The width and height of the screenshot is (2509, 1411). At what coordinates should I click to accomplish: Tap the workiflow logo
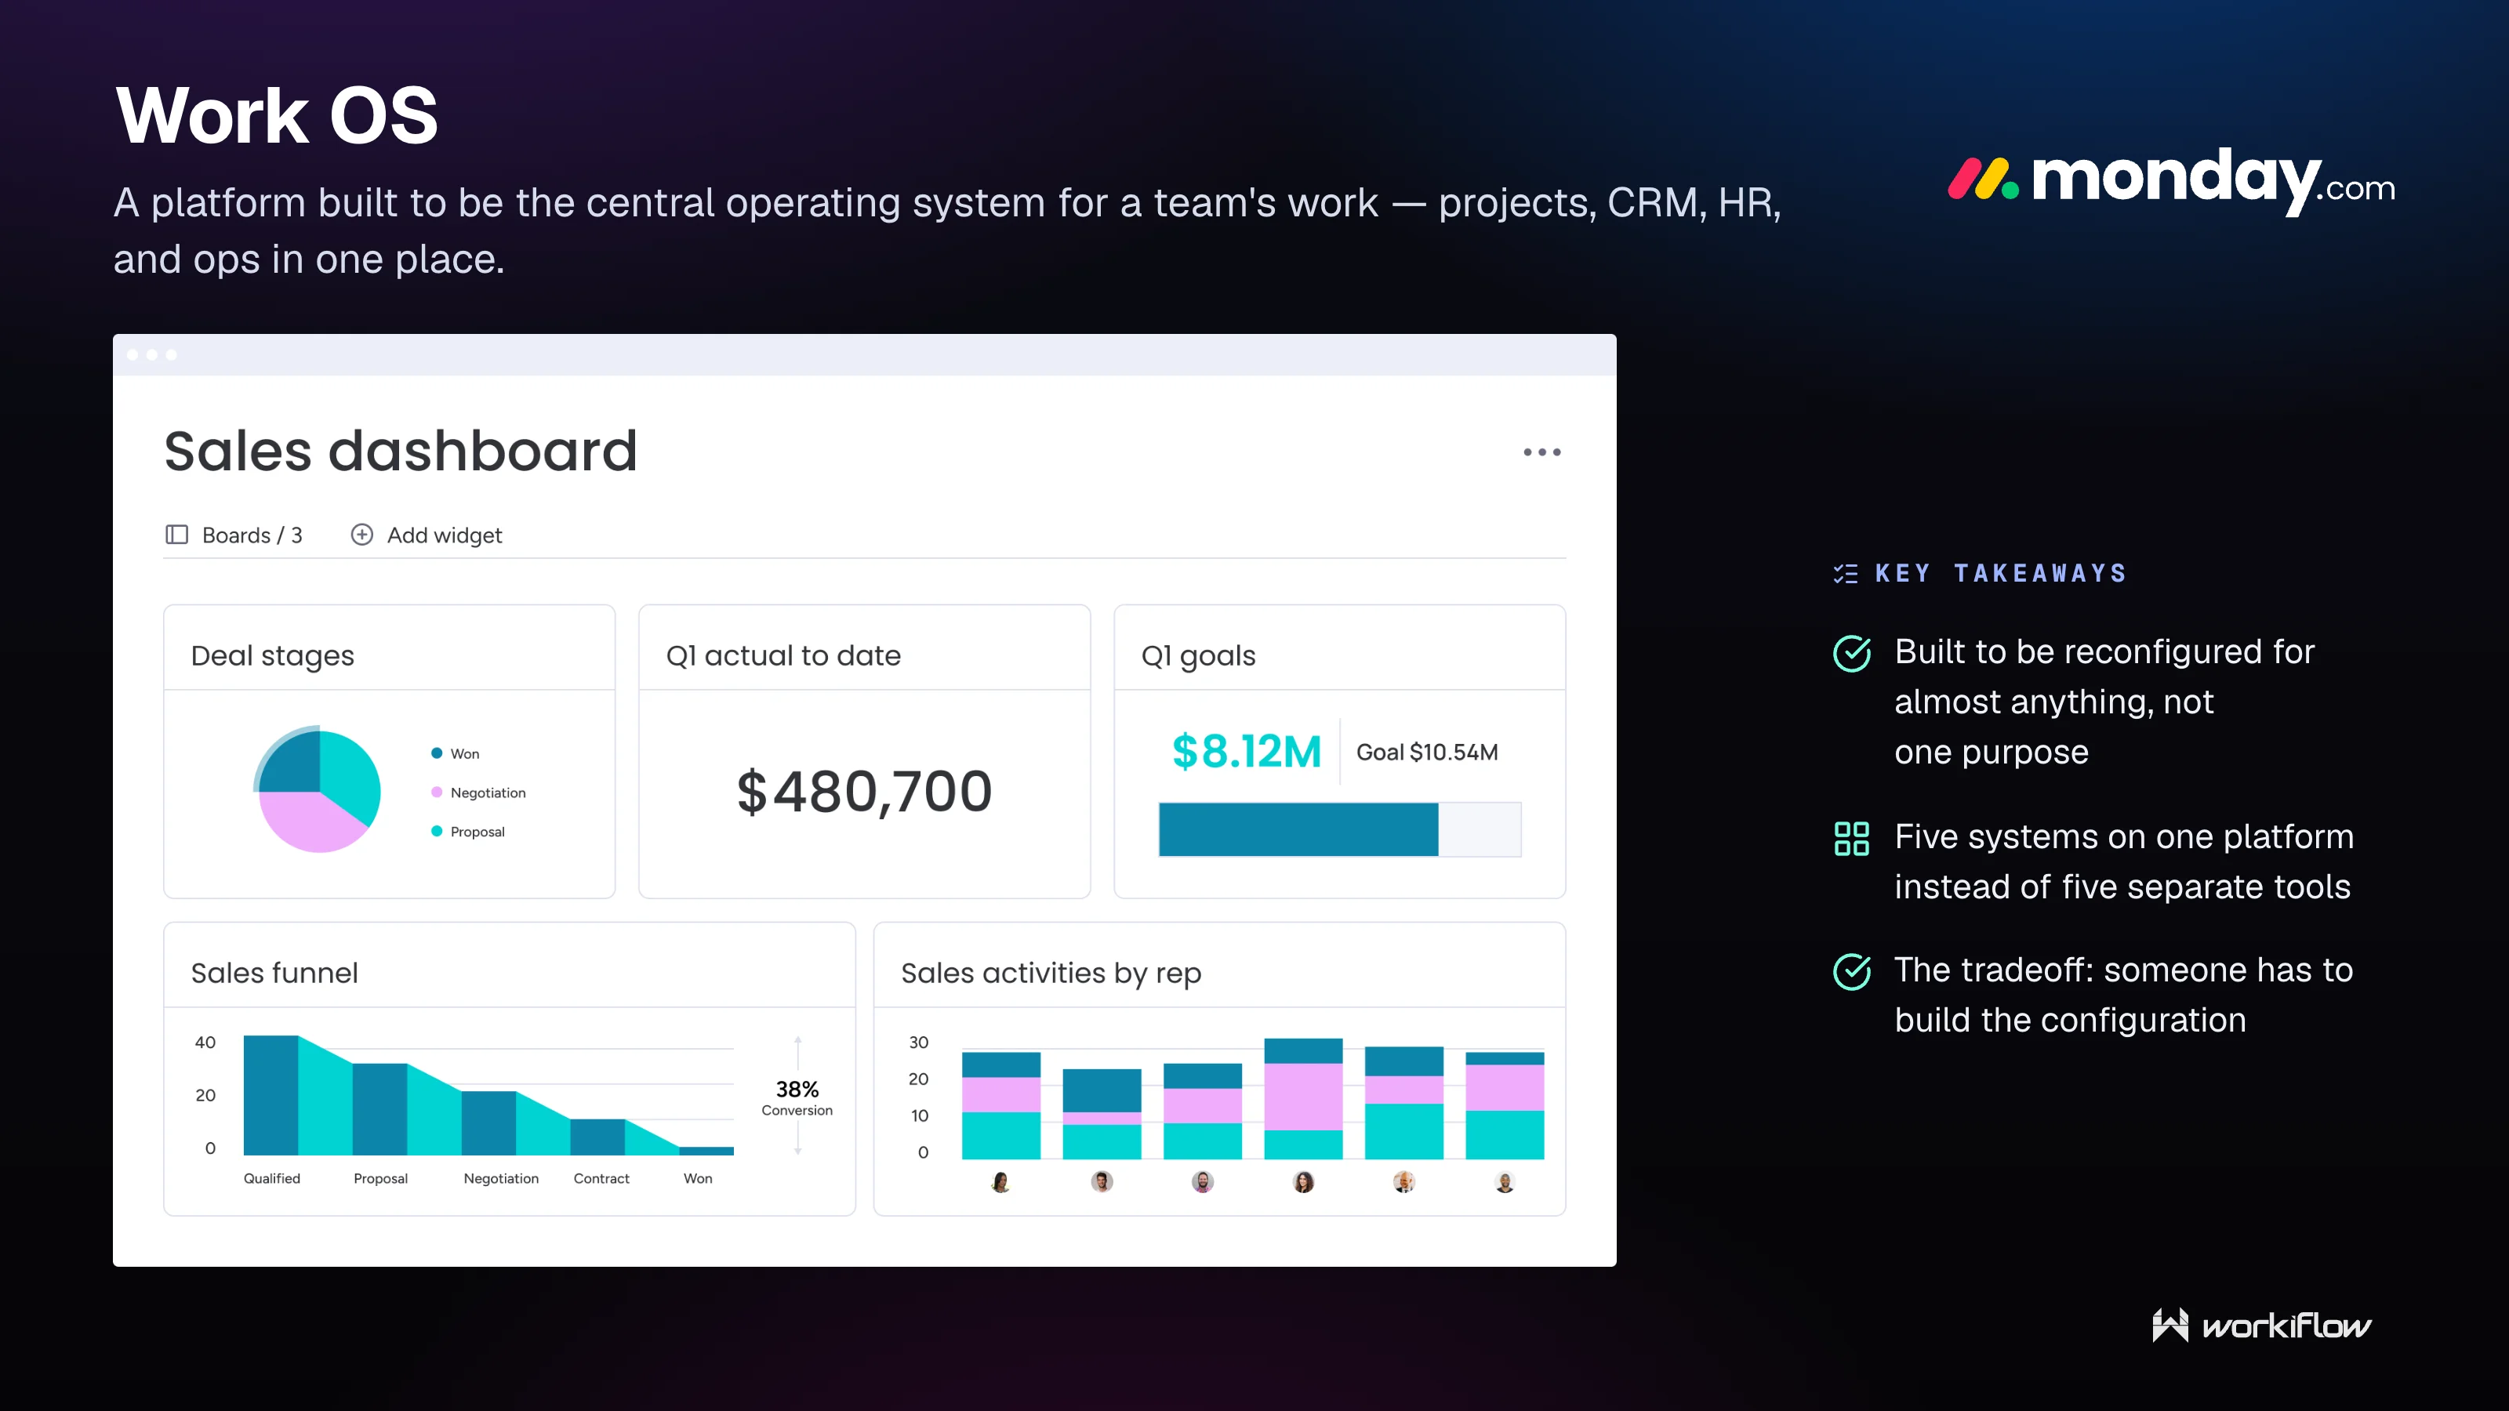pyautogui.click(x=2261, y=1326)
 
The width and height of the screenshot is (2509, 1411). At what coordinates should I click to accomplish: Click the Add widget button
pyautogui.click(x=426, y=535)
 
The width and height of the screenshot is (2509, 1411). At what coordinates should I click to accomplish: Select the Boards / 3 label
pyautogui.click(x=234, y=535)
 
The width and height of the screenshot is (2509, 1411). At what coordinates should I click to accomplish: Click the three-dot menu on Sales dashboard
pyautogui.click(x=1541, y=452)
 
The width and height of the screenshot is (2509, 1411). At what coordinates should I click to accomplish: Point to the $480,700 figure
pyautogui.click(x=864, y=791)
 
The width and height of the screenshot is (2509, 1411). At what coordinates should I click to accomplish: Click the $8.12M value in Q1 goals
pyautogui.click(x=1246, y=752)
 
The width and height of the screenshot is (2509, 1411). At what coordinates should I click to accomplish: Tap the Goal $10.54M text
pyautogui.click(x=1427, y=752)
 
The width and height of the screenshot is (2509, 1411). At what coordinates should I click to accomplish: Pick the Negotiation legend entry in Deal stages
pyautogui.click(x=478, y=793)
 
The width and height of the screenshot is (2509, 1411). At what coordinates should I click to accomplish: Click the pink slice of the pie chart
pyautogui.click(x=307, y=820)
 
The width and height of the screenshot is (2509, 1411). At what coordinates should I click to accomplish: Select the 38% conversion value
pyautogui.click(x=797, y=1089)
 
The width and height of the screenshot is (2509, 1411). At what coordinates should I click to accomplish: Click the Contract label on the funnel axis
pyautogui.click(x=601, y=1178)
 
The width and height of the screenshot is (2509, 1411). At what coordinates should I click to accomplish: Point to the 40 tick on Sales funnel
pyautogui.click(x=205, y=1042)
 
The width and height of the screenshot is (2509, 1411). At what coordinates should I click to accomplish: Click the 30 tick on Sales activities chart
pyautogui.click(x=918, y=1042)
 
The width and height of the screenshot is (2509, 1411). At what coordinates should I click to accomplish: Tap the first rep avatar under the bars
pyautogui.click(x=1000, y=1182)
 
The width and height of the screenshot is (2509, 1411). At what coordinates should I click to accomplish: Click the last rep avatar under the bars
pyautogui.click(x=1505, y=1182)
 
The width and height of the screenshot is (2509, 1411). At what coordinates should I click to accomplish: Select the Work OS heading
pyautogui.click(x=277, y=115)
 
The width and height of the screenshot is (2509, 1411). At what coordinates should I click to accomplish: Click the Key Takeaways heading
pyautogui.click(x=2001, y=574)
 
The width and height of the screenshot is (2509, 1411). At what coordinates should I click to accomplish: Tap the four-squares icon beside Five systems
pyautogui.click(x=1851, y=839)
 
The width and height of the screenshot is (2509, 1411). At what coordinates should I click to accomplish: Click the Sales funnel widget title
pyautogui.click(x=274, y=973)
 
